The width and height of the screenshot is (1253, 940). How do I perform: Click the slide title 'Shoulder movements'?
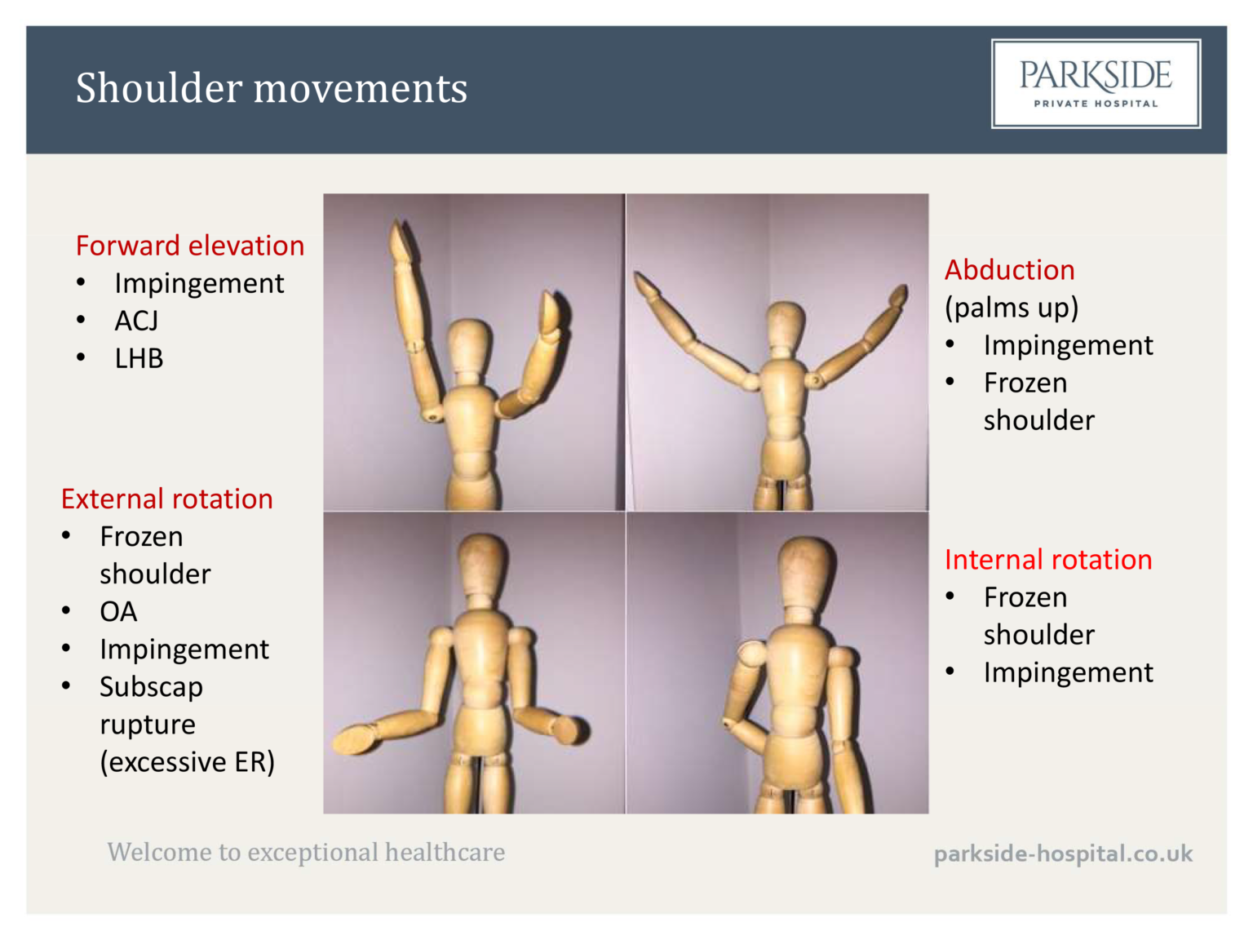(271, 88)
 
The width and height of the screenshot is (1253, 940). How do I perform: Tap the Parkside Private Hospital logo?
(1096, 83)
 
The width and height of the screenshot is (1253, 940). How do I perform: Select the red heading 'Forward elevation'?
(189, 246)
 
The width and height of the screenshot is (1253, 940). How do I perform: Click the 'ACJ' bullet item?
(136, 321)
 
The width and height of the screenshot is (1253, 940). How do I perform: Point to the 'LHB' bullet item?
(139, 358)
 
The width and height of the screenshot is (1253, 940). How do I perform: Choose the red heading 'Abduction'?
(1009, 270)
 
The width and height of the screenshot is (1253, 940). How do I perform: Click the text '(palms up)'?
(1012, 308)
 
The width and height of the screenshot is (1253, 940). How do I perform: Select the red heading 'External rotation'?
(166, 499)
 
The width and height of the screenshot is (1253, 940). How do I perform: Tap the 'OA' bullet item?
(118, 611)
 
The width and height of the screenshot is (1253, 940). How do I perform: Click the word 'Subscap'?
(151, 687)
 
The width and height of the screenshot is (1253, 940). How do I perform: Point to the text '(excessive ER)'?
(187, 761)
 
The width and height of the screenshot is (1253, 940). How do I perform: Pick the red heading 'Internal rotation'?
(1047, 560)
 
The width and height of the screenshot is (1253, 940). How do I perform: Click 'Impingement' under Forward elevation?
(199, 283)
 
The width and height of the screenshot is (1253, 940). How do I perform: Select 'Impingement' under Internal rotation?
(1068, 672)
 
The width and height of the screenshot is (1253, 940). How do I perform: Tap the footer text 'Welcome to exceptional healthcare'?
(306, 852)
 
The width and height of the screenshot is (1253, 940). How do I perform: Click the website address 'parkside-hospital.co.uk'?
(1063, 854)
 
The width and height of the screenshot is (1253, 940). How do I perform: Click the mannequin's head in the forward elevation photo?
(471, 346)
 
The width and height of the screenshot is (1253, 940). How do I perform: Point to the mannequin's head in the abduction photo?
(786, 326)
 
